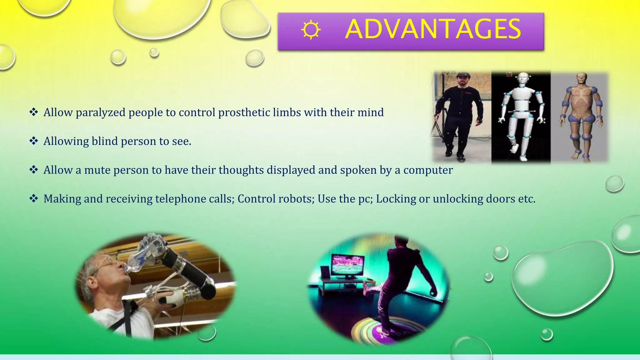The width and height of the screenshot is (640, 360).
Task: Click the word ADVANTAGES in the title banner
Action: (433, 29)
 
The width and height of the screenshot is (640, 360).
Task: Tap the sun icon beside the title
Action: (311, 30)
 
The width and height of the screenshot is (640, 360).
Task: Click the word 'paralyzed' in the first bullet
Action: (100, 112)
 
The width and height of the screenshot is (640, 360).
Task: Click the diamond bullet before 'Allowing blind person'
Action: (33, 141)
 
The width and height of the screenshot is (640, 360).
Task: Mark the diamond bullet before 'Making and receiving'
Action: (33, 198)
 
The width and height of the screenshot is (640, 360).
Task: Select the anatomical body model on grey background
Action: (580, 116)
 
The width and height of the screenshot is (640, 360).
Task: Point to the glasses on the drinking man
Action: (108, 262)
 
